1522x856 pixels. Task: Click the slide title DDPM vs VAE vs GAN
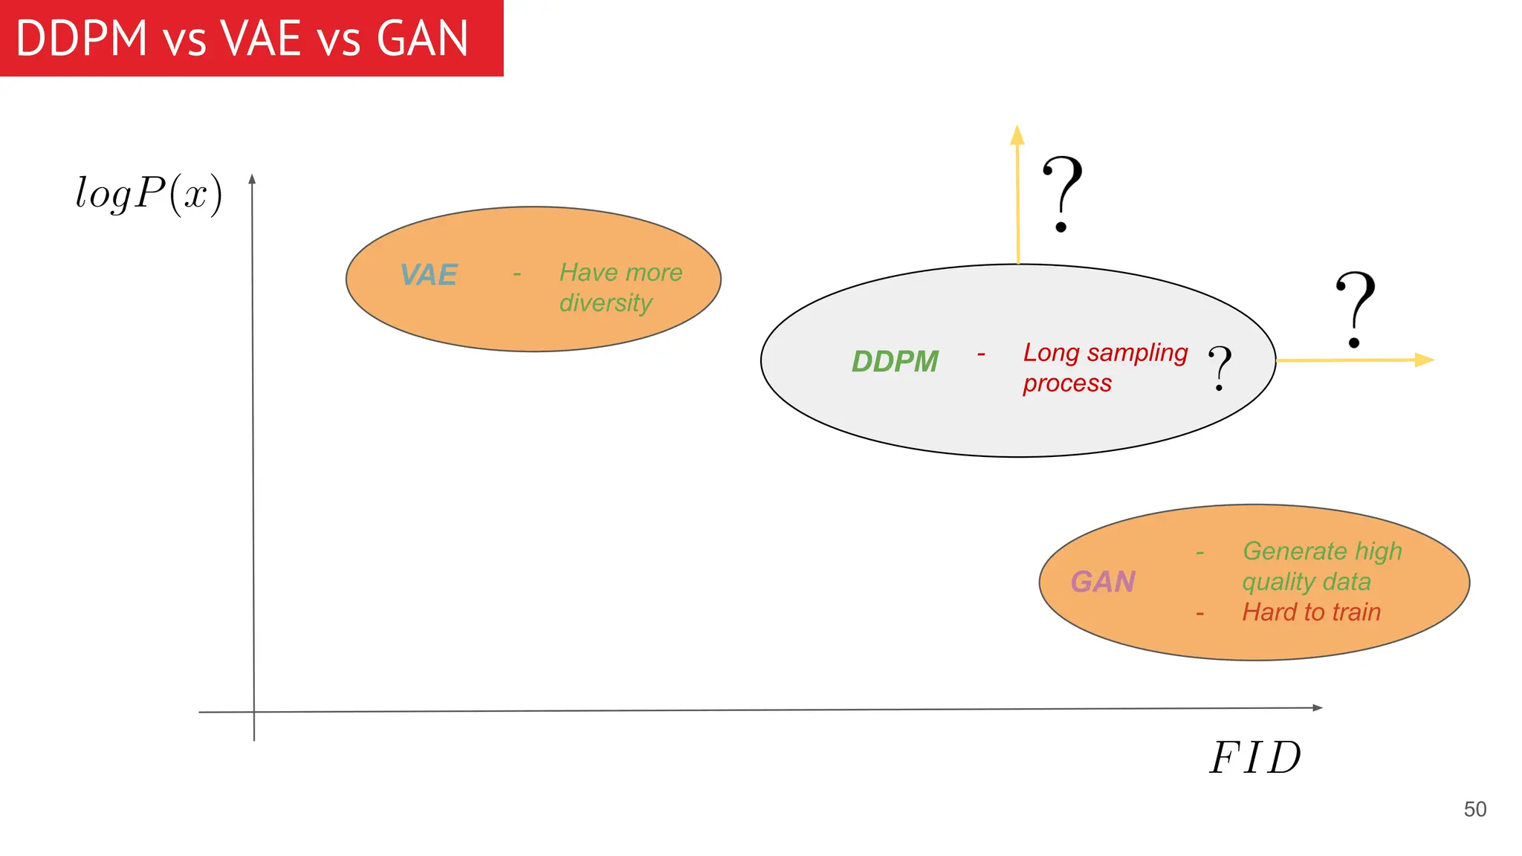pos(242,39)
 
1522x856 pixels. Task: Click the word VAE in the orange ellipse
pos(429,275)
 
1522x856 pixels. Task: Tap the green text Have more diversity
pos(620,288)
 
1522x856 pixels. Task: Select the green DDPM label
pos(895,362)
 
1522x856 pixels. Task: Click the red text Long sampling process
pos(1104,367)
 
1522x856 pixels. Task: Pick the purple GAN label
pos(1103,582)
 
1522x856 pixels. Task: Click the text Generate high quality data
pos(1321,566)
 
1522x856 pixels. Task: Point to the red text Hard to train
pos(1312,612)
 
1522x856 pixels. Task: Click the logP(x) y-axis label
pos(149,194)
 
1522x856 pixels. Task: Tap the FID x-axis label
pos(1255,758)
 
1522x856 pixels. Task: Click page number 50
pos(1474,809)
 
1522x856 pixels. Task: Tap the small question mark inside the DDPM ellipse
pos(1220,368)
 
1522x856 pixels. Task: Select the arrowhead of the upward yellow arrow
pos(1017,134)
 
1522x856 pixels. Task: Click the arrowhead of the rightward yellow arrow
pos(1424,360)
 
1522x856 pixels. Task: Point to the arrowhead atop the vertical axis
pos(253,179)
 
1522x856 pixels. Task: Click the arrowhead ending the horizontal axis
pos(1318,707)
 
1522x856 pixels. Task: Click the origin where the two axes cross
pos(254,712)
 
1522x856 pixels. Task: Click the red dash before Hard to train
pos(1199,615)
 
